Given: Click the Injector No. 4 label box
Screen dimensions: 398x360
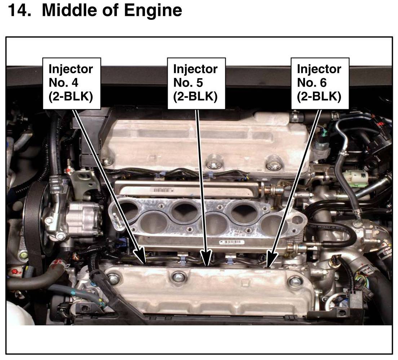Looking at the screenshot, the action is point(72,83).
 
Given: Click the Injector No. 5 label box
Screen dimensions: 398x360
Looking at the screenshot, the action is point(196,83).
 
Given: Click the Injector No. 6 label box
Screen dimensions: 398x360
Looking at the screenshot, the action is point(320,83).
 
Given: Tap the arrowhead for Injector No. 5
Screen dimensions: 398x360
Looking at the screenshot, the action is point(207,258).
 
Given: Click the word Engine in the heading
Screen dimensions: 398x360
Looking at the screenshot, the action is point(153,11).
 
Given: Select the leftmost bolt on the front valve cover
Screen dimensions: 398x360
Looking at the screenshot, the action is point(112,278).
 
